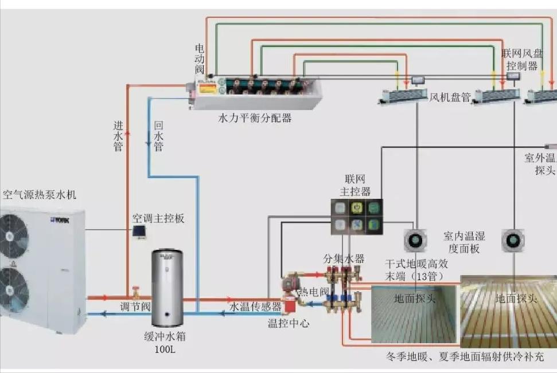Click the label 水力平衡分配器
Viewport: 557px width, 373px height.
pyautogui.click(x=255, y=119)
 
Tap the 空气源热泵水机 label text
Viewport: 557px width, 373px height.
pyautogui.click(x=40, y=195)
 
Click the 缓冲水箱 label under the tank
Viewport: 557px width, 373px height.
pyautogui.click(x=166, y=337)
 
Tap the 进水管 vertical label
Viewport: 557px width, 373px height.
pyautogui.click(x=118, y=136)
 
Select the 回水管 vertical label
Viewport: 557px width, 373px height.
pyautogui.click(x=158, y=136)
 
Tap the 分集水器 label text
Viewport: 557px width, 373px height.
pyautogui.click(x=344, y=258)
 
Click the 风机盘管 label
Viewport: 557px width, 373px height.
pyautogui.click(x=450, y=97)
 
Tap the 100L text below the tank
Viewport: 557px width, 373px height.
pyautogui.click(x=165, y=348)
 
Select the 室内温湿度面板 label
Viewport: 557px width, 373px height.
pyautogui.click(x=464, y=242)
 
